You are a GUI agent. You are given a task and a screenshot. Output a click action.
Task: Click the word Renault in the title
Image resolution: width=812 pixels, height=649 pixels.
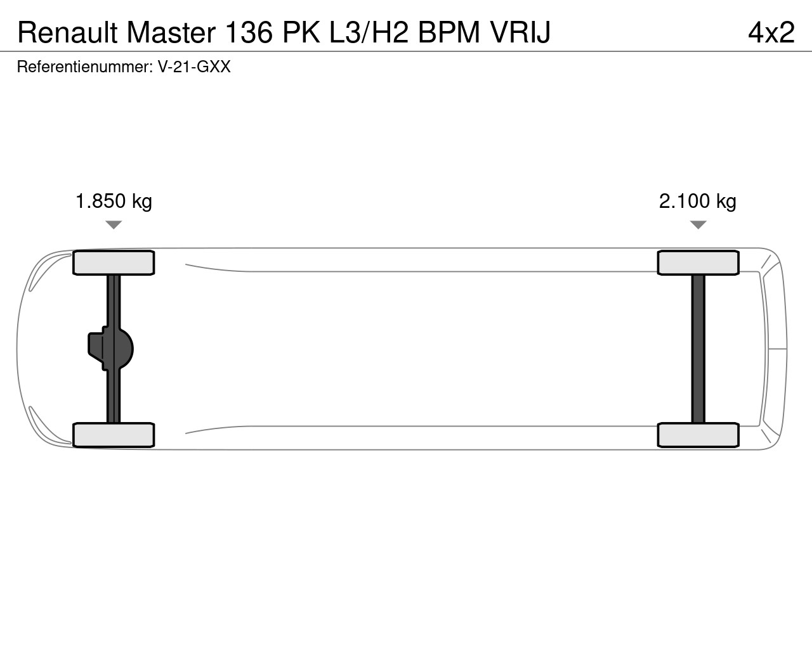67,32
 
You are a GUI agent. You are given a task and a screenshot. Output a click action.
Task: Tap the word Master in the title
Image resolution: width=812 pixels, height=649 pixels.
171,32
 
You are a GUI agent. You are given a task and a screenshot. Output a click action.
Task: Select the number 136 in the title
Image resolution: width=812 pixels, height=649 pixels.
249,32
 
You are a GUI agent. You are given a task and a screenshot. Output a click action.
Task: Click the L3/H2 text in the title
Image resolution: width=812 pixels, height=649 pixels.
369,32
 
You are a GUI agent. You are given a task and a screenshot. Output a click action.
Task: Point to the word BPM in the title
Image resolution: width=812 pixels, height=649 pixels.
449,32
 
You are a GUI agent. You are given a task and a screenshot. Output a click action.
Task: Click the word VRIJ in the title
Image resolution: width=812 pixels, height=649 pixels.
520,32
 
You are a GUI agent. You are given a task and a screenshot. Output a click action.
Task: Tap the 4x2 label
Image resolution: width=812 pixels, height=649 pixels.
771,32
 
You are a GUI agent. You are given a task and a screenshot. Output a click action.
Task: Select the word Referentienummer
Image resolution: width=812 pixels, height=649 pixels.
84,67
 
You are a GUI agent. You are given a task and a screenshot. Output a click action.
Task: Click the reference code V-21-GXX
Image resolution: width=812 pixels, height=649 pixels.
194,67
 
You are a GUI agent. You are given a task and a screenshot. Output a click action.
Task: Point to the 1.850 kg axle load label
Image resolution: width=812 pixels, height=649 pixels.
114,201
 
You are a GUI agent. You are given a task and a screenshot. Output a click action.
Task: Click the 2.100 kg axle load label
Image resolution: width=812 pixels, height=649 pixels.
698,201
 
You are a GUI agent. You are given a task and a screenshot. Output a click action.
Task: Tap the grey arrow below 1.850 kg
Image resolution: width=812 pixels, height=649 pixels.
114,225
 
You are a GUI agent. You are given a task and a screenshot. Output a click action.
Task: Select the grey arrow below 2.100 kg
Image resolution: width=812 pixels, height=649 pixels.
698,225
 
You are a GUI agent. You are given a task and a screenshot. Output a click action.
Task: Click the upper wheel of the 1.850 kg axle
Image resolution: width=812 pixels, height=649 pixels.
114,262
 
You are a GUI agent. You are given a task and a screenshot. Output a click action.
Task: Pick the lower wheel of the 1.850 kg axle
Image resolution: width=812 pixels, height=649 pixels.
114,435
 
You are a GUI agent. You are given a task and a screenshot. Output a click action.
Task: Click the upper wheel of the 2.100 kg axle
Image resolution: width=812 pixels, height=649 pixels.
698,262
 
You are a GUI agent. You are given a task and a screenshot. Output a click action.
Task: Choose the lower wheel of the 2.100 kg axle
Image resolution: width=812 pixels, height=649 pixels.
698,435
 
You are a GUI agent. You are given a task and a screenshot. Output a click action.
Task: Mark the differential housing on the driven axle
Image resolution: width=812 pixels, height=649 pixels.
111,349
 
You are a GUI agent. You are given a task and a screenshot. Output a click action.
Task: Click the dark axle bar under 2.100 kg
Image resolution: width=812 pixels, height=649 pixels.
698,349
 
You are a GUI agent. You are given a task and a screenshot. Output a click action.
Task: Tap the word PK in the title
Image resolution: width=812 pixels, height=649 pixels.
301,32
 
